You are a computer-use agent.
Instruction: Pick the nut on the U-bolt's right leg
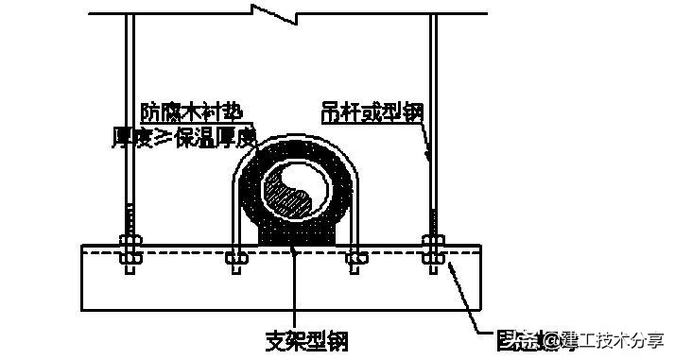pos(355,254)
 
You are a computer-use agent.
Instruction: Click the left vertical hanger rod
pos(129,113)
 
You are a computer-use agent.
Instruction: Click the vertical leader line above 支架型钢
pos(295,293)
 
